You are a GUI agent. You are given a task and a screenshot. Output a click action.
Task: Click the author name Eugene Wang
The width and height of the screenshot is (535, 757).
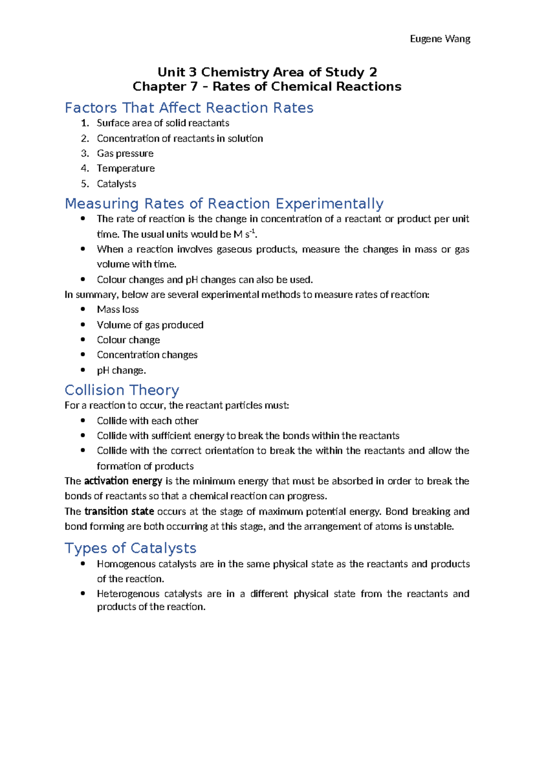coord(440,39)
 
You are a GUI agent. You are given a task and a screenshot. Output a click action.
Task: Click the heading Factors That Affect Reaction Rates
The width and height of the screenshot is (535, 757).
coord(189,108)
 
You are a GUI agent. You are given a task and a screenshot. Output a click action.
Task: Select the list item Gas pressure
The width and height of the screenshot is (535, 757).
coord(125,154)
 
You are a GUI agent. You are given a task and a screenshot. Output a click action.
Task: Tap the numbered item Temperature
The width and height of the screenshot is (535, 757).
coord(126,169)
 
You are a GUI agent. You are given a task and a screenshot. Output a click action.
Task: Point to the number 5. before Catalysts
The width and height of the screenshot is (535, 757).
coord(85,184)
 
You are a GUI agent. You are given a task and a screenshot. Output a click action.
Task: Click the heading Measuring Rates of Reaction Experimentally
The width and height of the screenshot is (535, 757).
coord(224,204)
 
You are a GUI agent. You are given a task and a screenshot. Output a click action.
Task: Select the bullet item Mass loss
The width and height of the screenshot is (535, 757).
coord(118,310)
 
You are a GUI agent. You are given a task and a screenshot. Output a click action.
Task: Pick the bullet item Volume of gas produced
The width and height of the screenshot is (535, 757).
coord(150,325)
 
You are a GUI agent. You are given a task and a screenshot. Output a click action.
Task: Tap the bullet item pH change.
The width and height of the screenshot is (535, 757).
coord(121,370)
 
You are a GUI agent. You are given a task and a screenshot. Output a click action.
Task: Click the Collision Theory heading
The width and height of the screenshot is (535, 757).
coord(122,391)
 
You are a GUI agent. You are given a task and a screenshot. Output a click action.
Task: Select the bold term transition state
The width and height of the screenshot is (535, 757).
coord(119,512)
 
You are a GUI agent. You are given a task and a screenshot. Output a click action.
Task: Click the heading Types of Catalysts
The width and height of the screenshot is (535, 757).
coord(130,549)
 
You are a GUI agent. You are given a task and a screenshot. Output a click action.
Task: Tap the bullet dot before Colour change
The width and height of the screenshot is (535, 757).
coord(83,340)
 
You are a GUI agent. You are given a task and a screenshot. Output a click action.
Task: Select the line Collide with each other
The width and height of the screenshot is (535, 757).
coord(148,421)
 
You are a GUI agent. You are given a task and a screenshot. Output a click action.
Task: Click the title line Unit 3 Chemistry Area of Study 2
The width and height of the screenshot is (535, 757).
coord(267,72)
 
